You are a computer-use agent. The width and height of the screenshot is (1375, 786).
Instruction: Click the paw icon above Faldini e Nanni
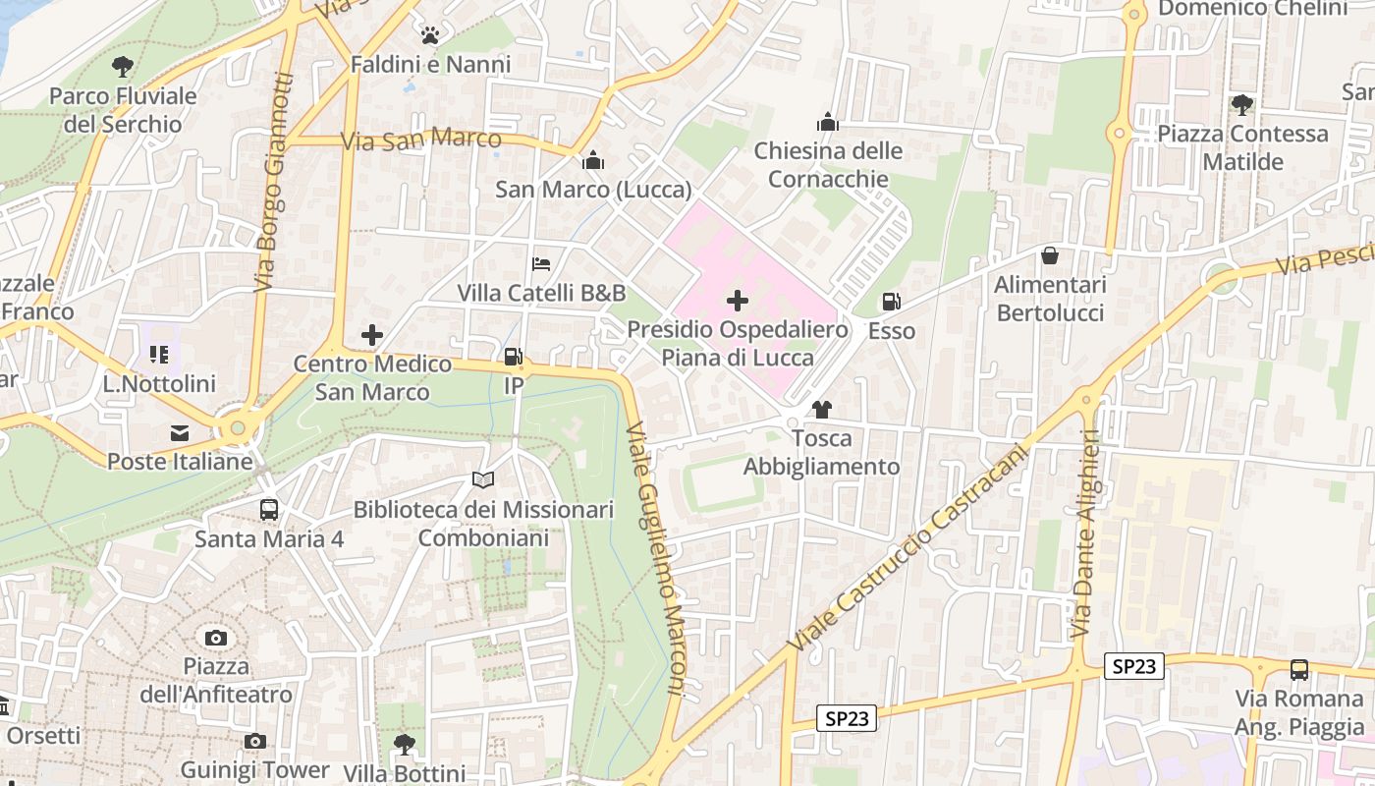[x=429, y=36]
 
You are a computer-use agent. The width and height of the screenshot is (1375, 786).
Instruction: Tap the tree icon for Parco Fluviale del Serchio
[x=123, y=67]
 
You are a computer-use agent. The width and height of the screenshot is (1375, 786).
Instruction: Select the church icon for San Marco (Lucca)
[x=593, y=160]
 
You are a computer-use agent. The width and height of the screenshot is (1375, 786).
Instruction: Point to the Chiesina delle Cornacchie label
[x=828, y=164]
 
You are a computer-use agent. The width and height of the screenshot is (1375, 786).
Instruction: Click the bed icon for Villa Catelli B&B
[x=541, y=264]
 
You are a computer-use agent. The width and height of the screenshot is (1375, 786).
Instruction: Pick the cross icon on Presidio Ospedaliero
[x=738, y=300]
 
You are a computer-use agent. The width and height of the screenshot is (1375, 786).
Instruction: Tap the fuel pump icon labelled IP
[x=513, y=358]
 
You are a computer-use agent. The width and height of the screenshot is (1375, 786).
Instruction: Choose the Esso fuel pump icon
[x=892, y=303]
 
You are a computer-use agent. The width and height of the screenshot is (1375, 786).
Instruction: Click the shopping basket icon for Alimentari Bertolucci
[x=1050, y=255]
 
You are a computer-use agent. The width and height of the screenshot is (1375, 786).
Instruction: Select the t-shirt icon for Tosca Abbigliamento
[x=821, y=410]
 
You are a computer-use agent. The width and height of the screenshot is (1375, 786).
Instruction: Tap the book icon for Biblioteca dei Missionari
[x=482, y=480]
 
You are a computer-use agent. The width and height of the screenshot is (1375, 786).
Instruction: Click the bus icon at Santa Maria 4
[x=269, y=509]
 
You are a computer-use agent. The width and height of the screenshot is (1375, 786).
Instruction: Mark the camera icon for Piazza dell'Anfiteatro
[x=216, y=638]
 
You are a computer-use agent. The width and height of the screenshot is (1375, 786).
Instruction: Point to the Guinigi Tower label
[x=254, y=769]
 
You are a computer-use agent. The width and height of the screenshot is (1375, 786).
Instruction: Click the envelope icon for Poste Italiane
[x=180, y=432]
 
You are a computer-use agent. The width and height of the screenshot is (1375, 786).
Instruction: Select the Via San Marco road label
[x=420, y=139]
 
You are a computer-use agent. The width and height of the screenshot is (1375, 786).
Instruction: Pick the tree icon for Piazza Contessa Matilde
[x=1242, y=104]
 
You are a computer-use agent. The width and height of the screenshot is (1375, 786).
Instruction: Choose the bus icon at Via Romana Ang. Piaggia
[x=1299, y=670]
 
